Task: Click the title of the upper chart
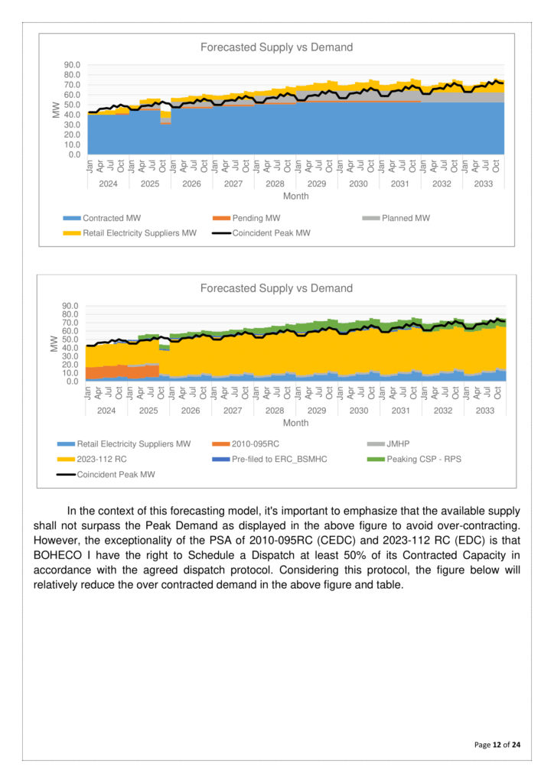(x=276, y=47)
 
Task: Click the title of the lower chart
(x=276, y=288)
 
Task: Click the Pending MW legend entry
(x=253, y=218)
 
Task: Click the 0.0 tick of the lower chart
(x=74, y=381)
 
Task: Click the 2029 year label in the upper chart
(x=316, y=184)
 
